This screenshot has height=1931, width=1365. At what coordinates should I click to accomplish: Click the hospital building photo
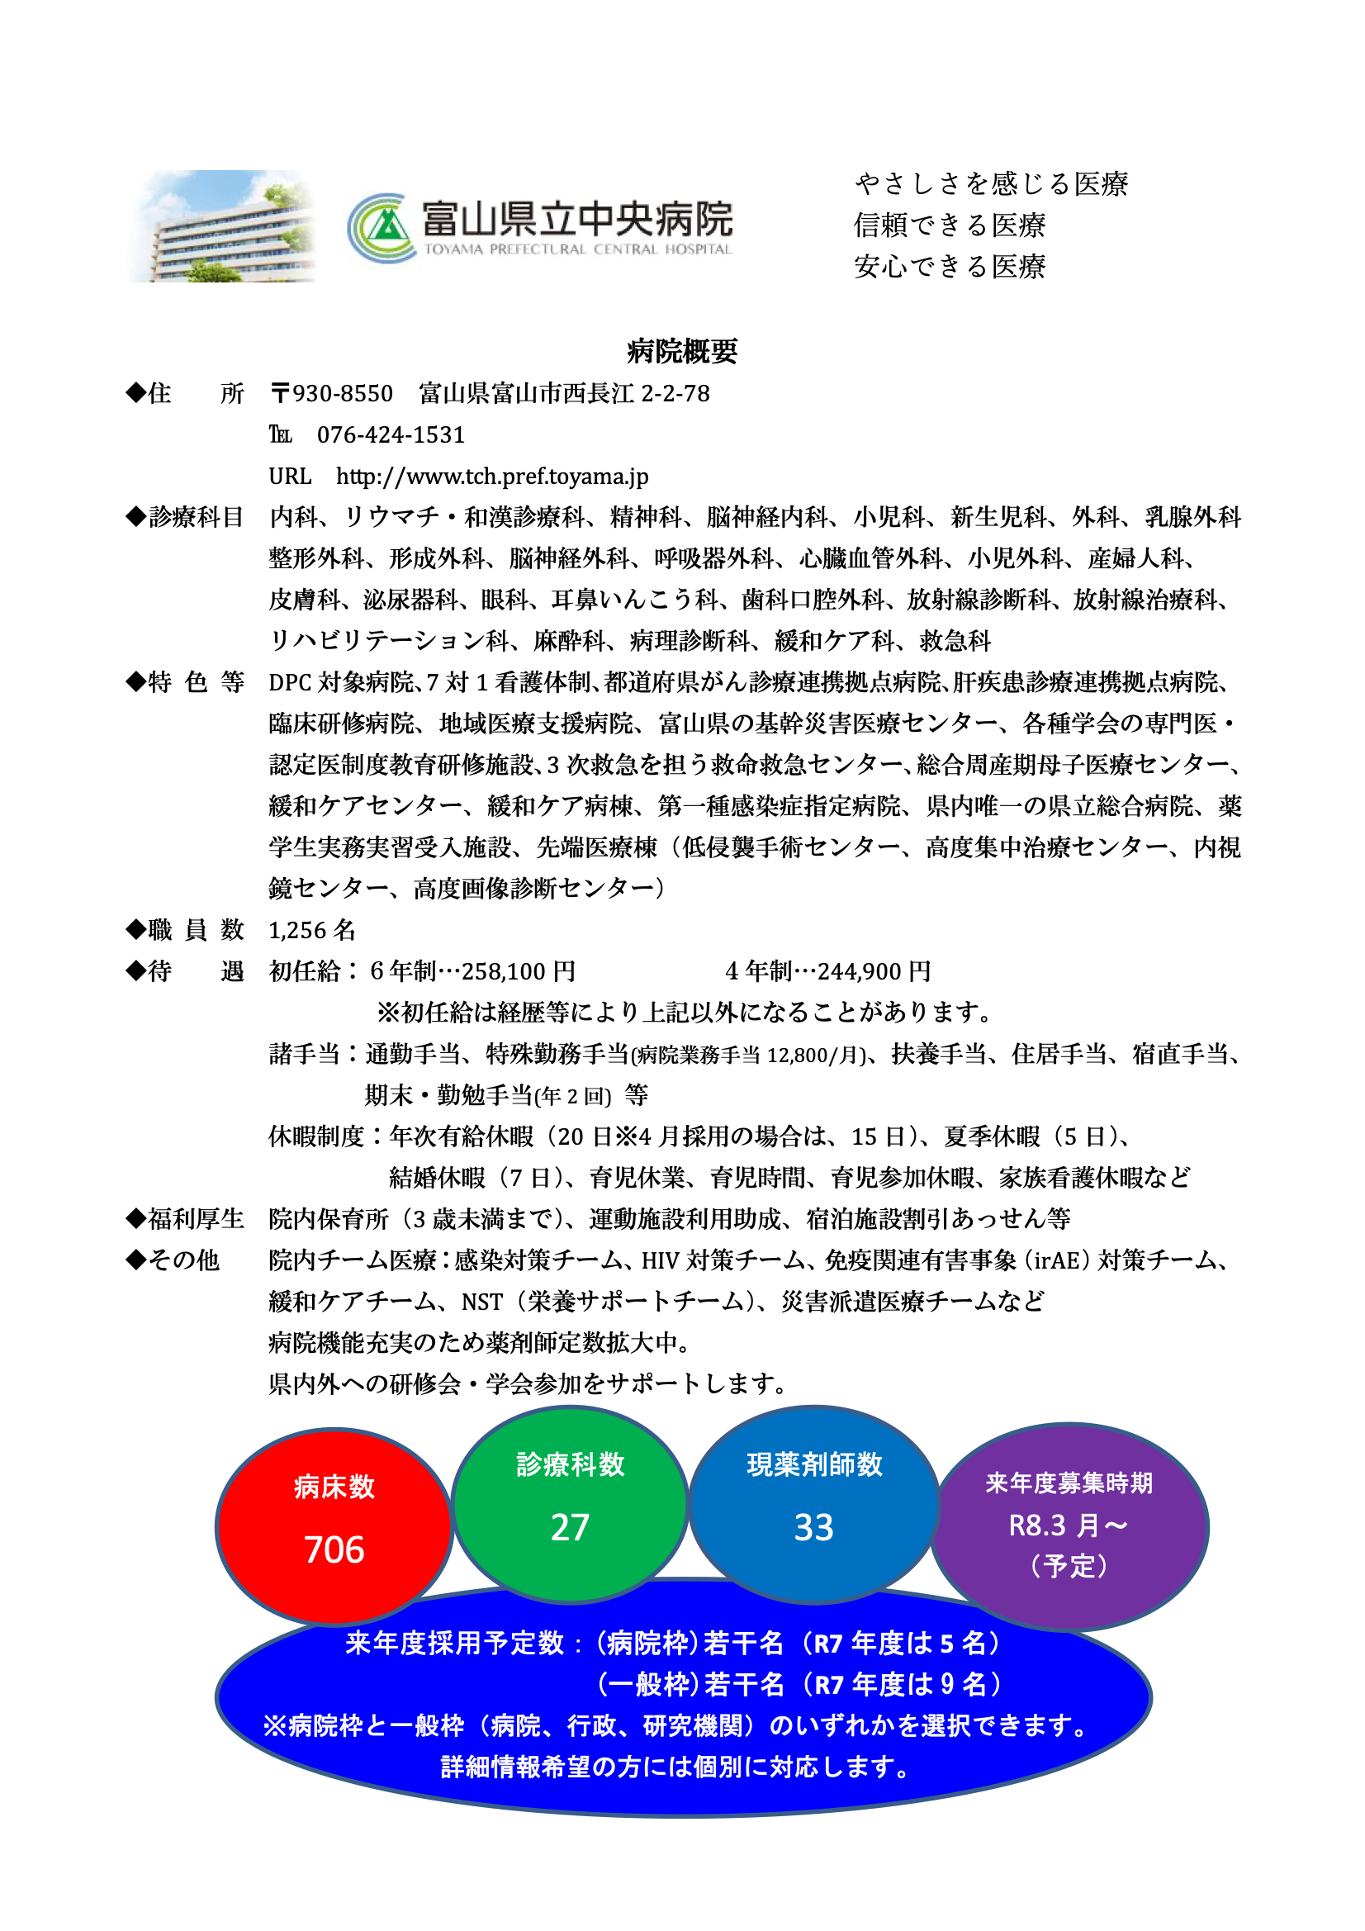click(223, 226)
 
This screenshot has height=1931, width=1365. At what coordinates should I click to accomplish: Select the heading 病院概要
click(682, 351)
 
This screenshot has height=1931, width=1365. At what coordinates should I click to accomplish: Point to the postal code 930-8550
click(343, 394)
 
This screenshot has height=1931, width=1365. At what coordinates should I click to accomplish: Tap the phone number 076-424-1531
click(391, 434)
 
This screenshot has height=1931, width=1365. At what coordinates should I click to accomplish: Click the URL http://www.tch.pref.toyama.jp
click(492, 476)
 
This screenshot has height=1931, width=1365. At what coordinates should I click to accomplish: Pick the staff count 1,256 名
click(312, 929)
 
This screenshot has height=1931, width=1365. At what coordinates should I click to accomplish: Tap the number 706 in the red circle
click(334, 1549)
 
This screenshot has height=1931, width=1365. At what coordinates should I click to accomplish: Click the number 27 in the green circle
click(570, 1526)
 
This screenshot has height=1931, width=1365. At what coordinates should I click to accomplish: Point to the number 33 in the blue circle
click(813, 1526)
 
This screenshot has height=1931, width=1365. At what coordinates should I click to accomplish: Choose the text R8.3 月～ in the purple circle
click(1068, 1525)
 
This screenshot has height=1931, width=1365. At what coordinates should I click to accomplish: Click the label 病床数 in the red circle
click(334, 1487)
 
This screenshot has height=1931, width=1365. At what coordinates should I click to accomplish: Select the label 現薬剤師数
click(814, 1464)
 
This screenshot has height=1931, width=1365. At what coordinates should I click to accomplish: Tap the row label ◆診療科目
click(185, 517)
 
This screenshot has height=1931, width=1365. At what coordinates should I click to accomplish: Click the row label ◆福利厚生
click(185, 1219)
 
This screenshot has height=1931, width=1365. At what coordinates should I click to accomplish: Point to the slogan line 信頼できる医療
click(950, 225)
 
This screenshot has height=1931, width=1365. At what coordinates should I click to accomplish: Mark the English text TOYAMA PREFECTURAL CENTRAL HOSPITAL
click(578, 249)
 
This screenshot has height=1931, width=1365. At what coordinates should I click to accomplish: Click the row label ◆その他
click(173, 1260)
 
